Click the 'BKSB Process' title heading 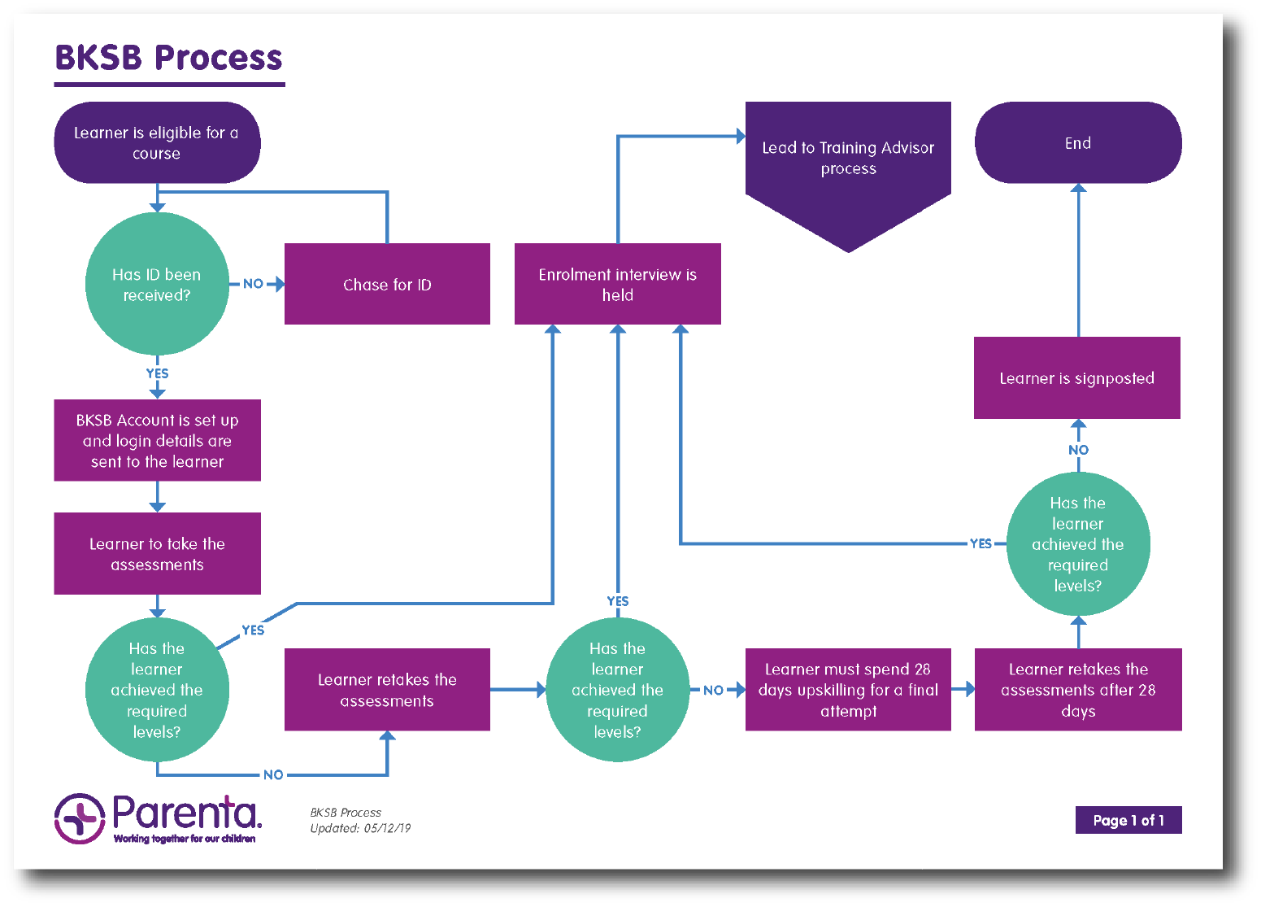(169, 58)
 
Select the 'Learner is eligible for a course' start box (157, 142)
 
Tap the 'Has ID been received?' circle (157, 284)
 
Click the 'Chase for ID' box (387, 284)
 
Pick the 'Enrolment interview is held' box (618, 284)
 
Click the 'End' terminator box (1078, 142)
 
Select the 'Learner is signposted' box (1077, 378)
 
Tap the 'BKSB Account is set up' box (157, 441)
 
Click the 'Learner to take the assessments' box (157, 554)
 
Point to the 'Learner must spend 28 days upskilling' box (848, 690)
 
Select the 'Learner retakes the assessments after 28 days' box (1078, 690)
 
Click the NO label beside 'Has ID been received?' (254, 284)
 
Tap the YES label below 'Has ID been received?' (157, 373)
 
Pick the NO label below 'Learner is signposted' (1079, 450)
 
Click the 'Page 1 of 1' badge (1128, 820)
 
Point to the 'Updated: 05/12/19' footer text (360, 828)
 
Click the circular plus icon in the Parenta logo (80, 818)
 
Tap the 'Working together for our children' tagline (185, 839)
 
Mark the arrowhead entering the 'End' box (1079, 188)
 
